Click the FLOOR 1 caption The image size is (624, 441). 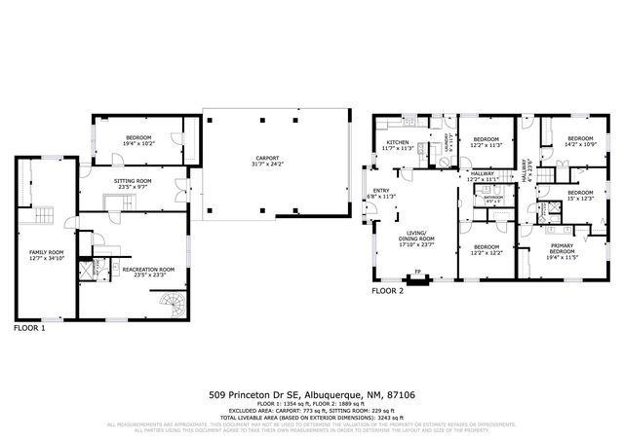[29, 328]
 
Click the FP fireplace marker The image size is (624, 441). [417, 272]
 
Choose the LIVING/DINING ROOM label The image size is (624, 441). [414, 238]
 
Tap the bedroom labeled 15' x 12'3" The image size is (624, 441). [580, 196]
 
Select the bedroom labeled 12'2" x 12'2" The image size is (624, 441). [487, 250]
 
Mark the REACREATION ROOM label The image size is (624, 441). [147, 272]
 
